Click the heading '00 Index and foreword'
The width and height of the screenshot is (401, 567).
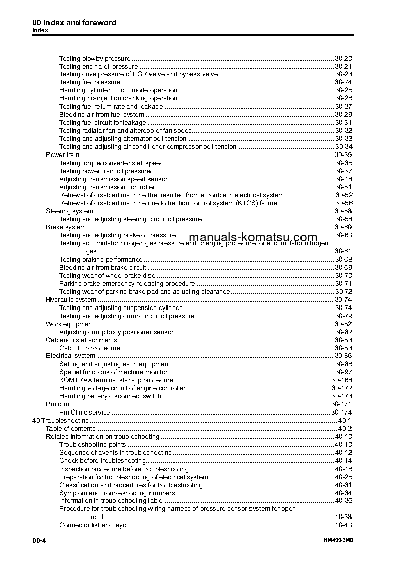click(x=74, y=23)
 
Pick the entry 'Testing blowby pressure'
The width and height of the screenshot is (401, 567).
click(x=94, y=58)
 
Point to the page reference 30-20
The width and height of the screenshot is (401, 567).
click(x=343, y=58)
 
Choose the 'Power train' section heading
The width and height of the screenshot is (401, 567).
click(x=63, y=155)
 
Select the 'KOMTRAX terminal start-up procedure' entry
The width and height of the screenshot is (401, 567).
click(x=116, y=380)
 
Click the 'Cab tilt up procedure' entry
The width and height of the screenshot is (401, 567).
click(x=89, y=348)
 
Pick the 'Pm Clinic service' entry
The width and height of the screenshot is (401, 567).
click(x=84, y=413)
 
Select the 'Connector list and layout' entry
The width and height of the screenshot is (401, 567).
click(x=95, y=525)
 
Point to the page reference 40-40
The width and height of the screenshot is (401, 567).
click(x=343, y=525)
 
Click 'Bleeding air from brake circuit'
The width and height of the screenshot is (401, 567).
click(x=103, y=268)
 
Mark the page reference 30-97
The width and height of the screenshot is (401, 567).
click(x=343, y=372)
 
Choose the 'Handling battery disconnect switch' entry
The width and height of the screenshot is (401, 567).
click(x=110, y=396)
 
